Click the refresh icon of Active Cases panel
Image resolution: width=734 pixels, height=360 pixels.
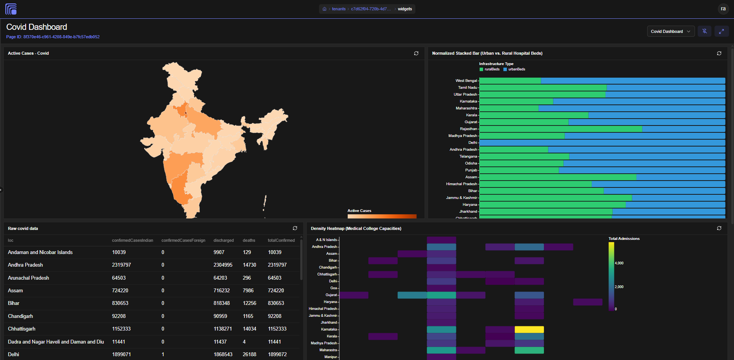point(416,54)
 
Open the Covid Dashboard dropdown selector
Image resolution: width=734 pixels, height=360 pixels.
point(671,31)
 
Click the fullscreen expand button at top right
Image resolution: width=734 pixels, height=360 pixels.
point(721,31)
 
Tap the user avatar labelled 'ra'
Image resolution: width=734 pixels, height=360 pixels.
point(723,9)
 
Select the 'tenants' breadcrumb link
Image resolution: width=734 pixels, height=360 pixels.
point(339,9)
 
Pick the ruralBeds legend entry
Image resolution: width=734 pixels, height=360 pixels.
point(490,69)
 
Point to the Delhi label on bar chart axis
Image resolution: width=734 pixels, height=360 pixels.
point(473,143)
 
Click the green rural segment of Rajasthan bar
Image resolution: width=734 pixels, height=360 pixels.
point(561,129)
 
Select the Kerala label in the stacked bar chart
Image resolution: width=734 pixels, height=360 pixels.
point(472,115)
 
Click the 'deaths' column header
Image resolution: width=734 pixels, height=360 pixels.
point(249,240)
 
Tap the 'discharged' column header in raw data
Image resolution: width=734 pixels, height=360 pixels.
point(223,240)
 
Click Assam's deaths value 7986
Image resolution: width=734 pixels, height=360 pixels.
point(248,291)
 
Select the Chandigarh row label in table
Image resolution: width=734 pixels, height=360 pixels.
point(20,316)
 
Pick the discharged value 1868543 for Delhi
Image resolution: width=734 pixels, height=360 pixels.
point(223,355)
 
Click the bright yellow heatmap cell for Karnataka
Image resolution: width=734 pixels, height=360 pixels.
point(529,329)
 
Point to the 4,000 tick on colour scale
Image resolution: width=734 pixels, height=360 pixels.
point(619,263)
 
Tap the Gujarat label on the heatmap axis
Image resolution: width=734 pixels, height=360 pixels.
point(331,295)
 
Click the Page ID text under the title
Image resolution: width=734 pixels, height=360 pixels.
point(53,37)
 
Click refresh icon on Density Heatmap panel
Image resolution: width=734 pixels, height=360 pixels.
point(719,228)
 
